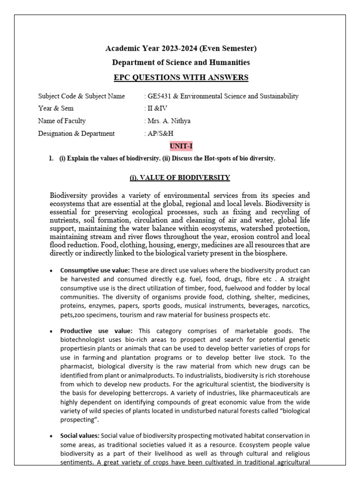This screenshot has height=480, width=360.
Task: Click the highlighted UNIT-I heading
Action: point(180,146)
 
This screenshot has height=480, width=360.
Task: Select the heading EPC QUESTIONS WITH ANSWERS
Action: point(180,77)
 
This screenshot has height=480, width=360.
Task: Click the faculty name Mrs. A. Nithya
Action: point(169,121)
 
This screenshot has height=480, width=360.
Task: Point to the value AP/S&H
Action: point(160,134)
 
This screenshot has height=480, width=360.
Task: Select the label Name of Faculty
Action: point(62,121)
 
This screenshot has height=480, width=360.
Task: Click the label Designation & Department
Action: point(76,134)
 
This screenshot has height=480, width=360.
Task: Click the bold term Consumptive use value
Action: point(95,270)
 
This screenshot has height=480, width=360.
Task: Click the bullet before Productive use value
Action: point(51,331)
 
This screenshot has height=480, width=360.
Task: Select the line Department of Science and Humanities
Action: point(180,62)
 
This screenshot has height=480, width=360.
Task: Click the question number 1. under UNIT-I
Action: point(51,158)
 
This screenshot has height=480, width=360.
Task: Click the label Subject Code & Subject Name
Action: point(82,96)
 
